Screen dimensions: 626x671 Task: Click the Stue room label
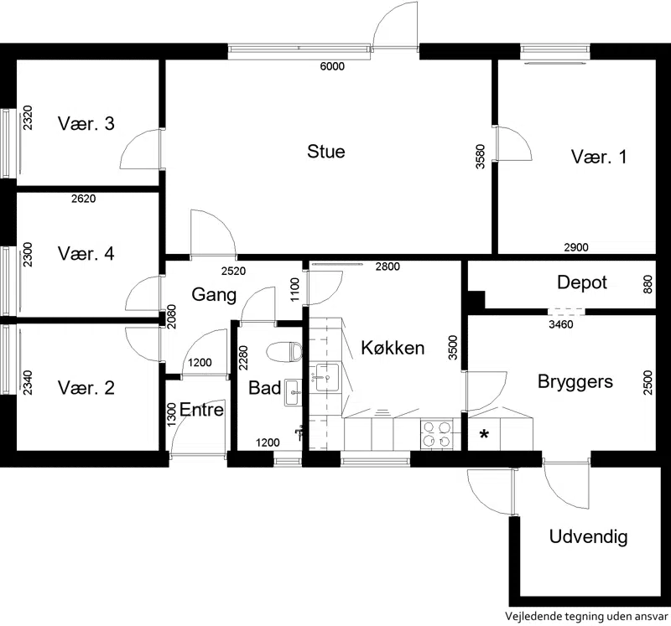(326, 152)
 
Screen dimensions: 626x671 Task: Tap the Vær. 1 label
(599, 157)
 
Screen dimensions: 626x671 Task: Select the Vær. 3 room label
(86, 124)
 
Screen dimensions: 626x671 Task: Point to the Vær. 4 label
(86, 253)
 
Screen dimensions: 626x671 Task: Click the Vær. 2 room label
(86, 388)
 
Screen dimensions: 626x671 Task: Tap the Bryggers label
(575, 382)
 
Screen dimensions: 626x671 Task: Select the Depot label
(581, 282)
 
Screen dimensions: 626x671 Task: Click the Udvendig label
(588, 537)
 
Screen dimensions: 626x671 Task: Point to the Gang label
(214, 294)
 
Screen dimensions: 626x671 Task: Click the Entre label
(202, 410)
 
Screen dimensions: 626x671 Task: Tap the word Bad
(264, 389)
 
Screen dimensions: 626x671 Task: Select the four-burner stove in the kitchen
(436, 433)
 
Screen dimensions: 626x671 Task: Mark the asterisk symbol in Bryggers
(484, 434)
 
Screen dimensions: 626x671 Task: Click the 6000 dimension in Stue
(332, 68)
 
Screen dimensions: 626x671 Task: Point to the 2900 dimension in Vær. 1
(575, 247)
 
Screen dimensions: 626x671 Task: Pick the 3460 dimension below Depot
(560, 324)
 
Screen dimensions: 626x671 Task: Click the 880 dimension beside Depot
(647, 284)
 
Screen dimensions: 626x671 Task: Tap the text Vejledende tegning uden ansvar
(586, 615)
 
